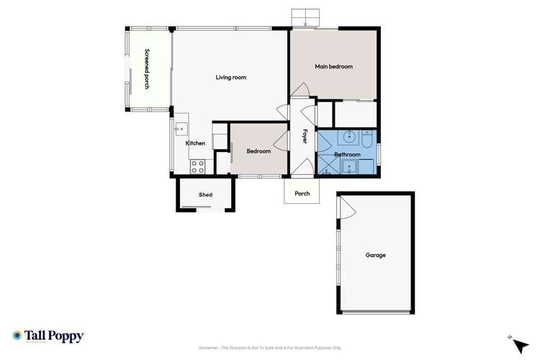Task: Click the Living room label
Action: coord(230,77)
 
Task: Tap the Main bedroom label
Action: coord(333,66)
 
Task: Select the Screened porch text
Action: coord(147,68)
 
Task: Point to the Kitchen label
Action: coord(195,143)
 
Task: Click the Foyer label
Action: coord(305,136)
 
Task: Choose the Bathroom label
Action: coord(347,155)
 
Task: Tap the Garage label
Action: coord(375,255)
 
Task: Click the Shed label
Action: coord(205,194)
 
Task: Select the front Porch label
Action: coord(302,193)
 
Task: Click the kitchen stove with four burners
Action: coord(197,167)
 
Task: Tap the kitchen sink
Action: coord(180,129)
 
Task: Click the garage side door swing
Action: coord(346,208)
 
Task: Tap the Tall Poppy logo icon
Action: coord(17,336)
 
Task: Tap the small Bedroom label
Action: coord(258,151)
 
